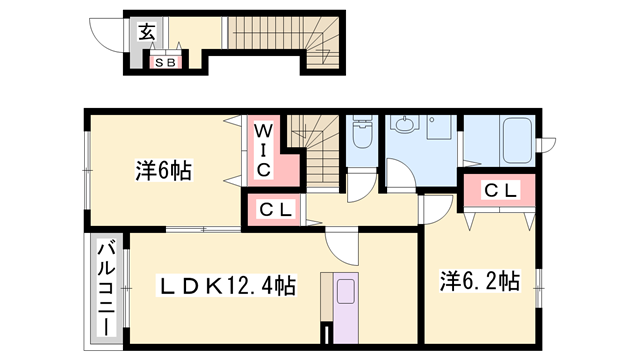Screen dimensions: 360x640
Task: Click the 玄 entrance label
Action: (147, 32)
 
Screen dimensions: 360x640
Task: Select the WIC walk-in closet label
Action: (261, 151)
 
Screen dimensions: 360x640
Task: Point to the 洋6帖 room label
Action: (163, 171)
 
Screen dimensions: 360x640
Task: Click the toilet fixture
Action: (362, 134)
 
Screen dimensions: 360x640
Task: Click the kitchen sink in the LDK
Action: (346, 293)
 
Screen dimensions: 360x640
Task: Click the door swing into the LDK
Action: (341, 243)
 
